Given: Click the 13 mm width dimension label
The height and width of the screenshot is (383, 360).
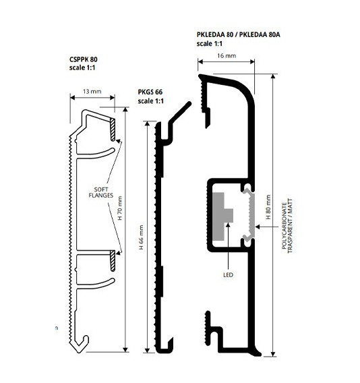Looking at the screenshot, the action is [x=92, y=92].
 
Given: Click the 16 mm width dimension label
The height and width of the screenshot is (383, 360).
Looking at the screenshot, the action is [x=227, y=56].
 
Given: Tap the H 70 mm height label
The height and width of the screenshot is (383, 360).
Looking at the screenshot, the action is [x=120, y=208].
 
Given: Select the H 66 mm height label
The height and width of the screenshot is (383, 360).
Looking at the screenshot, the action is [x=141, y=237].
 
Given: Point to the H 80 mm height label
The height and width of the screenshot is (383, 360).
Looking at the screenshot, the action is [x=268, y=207].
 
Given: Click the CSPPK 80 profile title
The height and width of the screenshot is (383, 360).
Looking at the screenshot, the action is [x=84, y=59].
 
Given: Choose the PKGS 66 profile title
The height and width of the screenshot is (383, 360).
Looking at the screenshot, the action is [x=150, y=92].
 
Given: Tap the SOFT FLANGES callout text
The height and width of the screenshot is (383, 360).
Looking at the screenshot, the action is [x=101, y=192].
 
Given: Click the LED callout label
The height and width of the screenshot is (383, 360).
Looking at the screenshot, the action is [x=228, y=275].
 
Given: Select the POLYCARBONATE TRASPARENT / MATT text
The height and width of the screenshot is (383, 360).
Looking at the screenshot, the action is [x=287, y=226].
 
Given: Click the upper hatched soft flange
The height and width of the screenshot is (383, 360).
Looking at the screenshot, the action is [x=113, y=129].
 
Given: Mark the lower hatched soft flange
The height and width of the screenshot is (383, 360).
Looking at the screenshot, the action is [x=113, y=261].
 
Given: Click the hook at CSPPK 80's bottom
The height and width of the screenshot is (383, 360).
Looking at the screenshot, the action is [x=82, y=345].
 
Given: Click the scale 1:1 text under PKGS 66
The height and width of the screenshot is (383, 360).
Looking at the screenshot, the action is [x=151, y=101].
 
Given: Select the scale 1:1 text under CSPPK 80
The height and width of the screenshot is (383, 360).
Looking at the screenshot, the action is [x=82, y=67].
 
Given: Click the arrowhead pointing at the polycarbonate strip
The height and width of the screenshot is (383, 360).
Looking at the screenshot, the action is [x=258, y=227].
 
